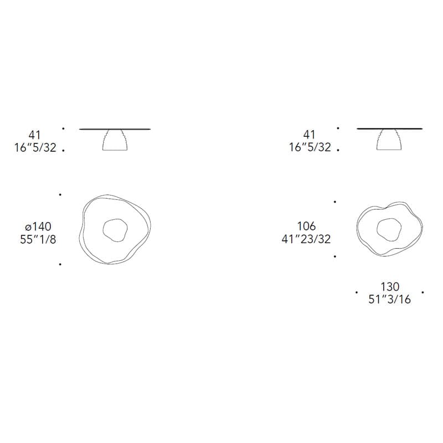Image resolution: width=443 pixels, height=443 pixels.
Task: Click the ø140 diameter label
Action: [x=38, y=226]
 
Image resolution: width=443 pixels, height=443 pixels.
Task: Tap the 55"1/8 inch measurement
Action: [x=38, y=239]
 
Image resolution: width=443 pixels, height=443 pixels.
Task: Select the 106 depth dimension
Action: [x=306, y=226]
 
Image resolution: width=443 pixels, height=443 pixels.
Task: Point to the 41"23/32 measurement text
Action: [x=306, y=239]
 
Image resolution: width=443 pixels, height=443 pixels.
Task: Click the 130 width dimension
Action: [x=390, y=287]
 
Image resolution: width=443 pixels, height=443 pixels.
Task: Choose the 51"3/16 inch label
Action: [x=390, y=300]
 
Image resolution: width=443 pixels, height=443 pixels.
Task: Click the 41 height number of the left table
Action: [x=34, y=135]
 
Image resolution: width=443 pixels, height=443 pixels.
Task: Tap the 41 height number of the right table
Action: [x=309, y=135]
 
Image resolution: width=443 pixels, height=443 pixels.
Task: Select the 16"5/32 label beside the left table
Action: [x=35, y=147]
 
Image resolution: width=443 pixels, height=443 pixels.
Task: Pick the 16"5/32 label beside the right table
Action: [x=310, y=147]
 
